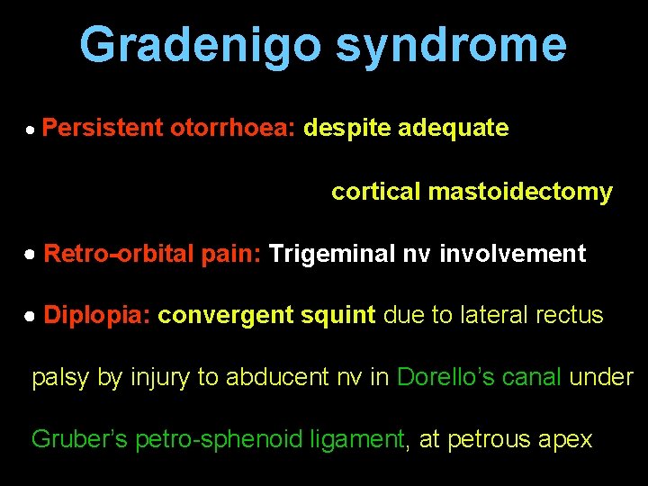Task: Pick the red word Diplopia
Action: click(x=97, y=316)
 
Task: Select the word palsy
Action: click(x=61, y=378)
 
